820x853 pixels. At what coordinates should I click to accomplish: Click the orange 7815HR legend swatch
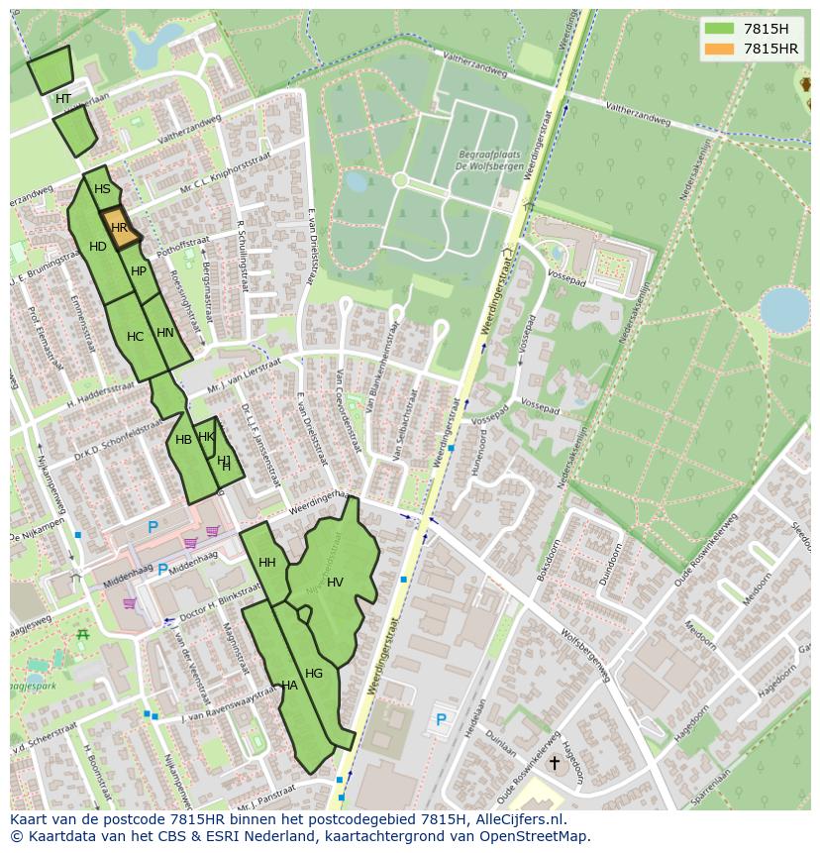[718, 49]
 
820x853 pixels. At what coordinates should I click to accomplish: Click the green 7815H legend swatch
[718, 29]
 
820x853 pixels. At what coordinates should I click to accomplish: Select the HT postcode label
[63, 99]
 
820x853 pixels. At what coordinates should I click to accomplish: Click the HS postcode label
[102, 189]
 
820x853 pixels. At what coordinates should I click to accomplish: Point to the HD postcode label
[98, 247]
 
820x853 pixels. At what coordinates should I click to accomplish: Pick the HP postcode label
[139, 271]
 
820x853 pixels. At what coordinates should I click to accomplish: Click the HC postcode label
[136, 337]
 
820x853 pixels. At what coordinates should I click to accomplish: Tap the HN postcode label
[165, 333]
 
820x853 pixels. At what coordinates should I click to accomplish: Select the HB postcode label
[183, 440]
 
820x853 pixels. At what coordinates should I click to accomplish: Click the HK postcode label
[206, 437]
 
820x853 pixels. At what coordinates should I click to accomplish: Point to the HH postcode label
[267, 563]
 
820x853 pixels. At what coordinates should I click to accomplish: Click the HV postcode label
[335, 583]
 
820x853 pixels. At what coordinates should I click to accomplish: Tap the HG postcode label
[314, 674]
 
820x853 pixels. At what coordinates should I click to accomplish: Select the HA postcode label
[289, 685]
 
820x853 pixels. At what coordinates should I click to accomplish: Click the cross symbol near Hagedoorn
[554, 763]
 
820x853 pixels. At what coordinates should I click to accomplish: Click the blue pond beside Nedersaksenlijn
[784, 309]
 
